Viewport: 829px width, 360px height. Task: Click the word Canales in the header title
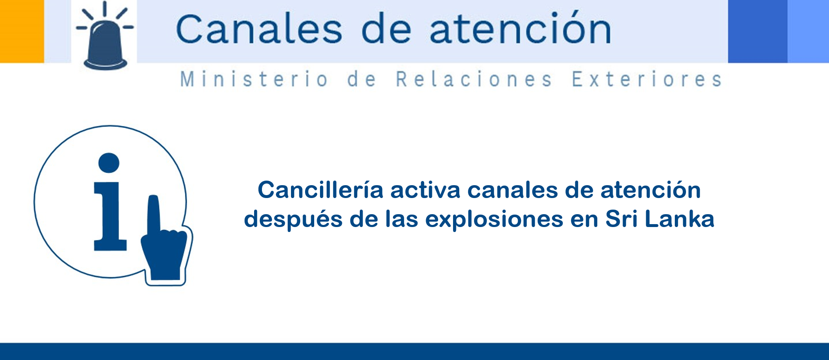[259, 29]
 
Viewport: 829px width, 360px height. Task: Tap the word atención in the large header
[521, 27]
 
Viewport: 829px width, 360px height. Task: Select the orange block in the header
[22, 31]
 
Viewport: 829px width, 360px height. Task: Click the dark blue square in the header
[758, 31]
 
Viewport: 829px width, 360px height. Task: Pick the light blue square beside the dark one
[808, 31]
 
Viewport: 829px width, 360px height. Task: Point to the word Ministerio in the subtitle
[254, 79]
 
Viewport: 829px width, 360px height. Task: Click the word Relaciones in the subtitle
[474, 79]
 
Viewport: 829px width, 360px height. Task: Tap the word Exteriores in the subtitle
[647, 79]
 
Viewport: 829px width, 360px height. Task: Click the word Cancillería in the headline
[320, 190]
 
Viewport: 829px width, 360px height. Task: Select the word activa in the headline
[425, 190]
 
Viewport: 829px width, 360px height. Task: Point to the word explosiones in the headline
[494, 220]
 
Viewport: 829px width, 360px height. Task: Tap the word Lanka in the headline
[680, 219]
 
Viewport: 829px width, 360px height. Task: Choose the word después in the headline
[293, 220]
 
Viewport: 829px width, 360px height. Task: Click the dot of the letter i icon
[109, 163]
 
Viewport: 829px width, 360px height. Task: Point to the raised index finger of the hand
[154, 213]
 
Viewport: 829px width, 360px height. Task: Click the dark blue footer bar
[414, 351]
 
